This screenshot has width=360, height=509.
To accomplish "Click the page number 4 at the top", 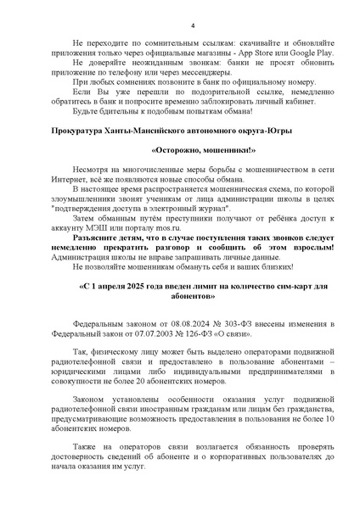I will click(193, 25).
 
